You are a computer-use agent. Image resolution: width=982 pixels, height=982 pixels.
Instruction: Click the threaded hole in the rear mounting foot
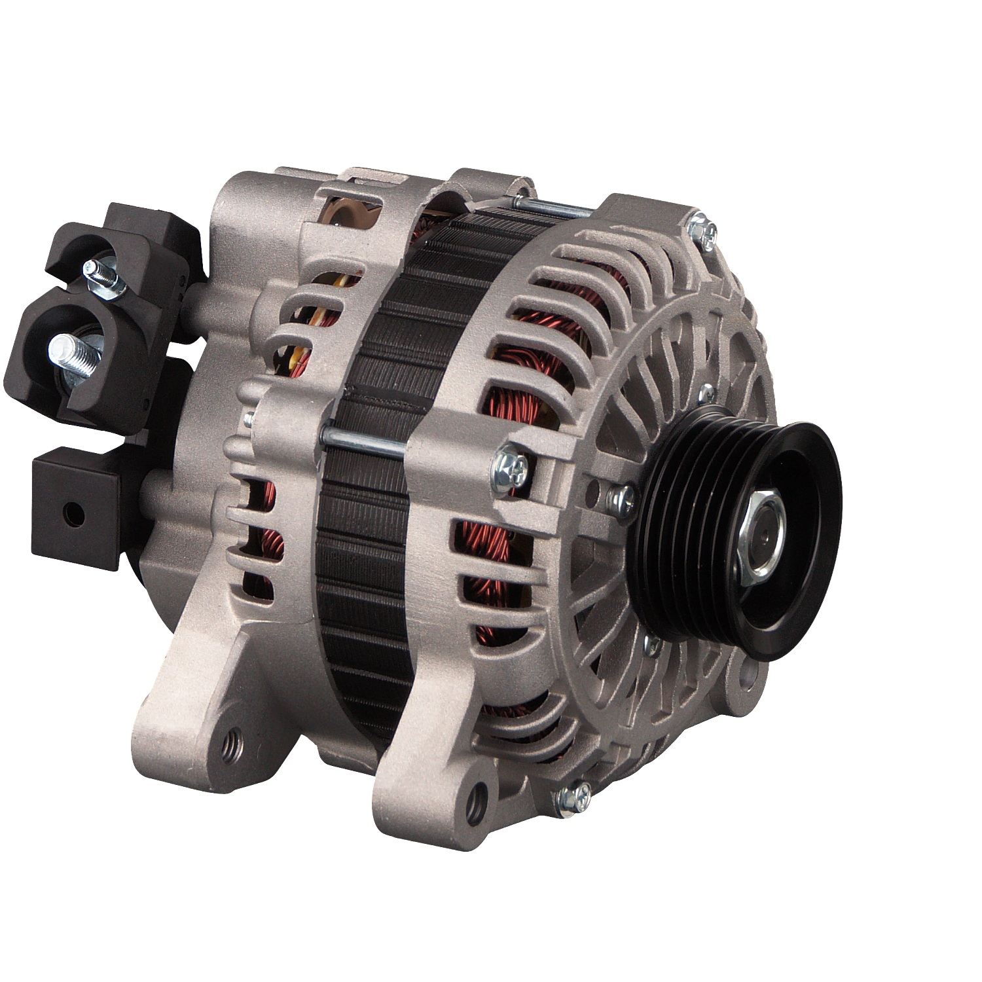click(231, 742)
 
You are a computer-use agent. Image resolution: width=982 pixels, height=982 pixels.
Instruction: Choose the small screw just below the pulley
click(652, 647)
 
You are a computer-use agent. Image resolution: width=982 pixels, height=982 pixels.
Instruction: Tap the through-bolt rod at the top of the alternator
click(556, 208)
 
